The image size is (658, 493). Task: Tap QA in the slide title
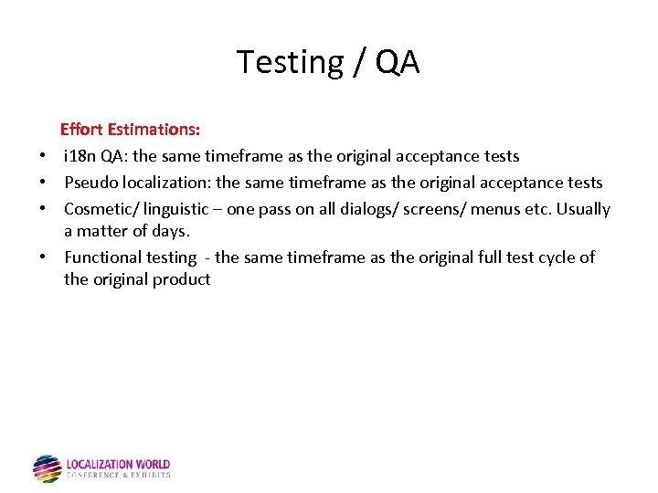pyautogui.click(x=397, y=62)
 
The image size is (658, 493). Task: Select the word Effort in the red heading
pyautogui.click(x=83, y=130)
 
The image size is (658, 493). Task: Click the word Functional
pyautogui.click(x=101, y=257)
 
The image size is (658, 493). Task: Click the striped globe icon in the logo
pyautogui.click(x=47, y=468)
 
